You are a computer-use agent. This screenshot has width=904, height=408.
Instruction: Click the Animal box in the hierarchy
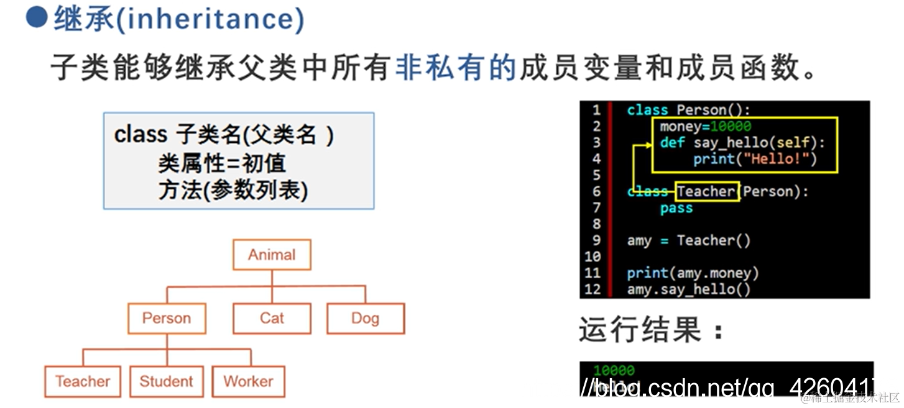click(272, 255)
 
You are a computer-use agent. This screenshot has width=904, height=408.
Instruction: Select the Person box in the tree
click(167, 319)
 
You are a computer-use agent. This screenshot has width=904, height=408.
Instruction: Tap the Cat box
click(272, 319)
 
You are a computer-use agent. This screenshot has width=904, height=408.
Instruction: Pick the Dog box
click(365, 319)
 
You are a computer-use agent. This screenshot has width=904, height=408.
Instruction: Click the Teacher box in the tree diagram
click(83, 381)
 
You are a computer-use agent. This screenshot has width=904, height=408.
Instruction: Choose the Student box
click(166, 381)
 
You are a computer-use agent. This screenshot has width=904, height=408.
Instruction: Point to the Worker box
click(248, 381)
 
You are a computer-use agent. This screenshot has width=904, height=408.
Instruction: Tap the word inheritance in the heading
click(211, 19)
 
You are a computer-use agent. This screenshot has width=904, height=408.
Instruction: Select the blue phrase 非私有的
click(456, 66)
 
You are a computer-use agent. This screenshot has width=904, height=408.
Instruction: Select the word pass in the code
click(676, 208)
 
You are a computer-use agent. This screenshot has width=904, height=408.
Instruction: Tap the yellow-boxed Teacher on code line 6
click(706, 191)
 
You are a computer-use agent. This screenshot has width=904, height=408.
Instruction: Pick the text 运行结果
click(640, 329)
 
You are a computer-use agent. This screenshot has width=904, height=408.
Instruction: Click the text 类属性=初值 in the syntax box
click(222, 163)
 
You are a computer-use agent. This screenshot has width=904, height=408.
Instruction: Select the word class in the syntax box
click(141, 135)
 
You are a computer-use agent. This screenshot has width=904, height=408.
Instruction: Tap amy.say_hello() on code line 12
click(688, 289)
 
